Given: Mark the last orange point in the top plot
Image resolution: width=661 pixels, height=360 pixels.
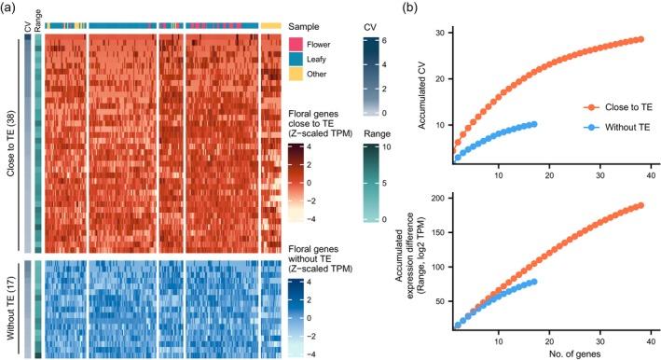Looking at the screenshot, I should (x=640, y=39).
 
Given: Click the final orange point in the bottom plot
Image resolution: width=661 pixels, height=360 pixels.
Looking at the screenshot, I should (x=640, y=205).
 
